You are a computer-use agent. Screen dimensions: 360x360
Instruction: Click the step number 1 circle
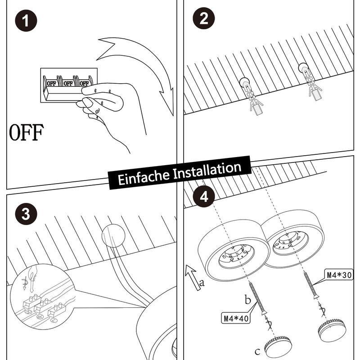tap(26, 20)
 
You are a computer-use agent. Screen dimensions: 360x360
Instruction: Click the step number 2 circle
tap(204, 18)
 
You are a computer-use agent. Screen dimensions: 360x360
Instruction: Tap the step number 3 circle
tap(26, 213)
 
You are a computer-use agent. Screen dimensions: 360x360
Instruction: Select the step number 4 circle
tap(204, 197)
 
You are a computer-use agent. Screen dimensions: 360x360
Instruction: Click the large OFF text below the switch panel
tap(27, 132)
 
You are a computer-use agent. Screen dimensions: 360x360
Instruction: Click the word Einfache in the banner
tap(144, 176)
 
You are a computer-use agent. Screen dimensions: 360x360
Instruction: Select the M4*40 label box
tap(236, 319)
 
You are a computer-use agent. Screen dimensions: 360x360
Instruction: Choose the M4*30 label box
tap(339, 274)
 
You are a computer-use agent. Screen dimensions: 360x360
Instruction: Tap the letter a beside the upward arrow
tap(202, 283)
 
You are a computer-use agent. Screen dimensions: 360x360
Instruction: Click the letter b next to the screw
tap(247, 300)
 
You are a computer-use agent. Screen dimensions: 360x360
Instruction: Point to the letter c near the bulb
tap(257, 351)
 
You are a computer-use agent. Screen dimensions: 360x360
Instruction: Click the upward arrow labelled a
tap(193, 277)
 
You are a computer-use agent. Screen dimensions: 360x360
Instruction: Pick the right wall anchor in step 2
tap(310, 81)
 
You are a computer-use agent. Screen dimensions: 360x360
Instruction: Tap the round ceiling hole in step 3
tap(113, 235)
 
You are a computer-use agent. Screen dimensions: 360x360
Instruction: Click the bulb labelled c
tap(278, 346)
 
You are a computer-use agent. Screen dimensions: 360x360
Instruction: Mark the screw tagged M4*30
tap(310, 285)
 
